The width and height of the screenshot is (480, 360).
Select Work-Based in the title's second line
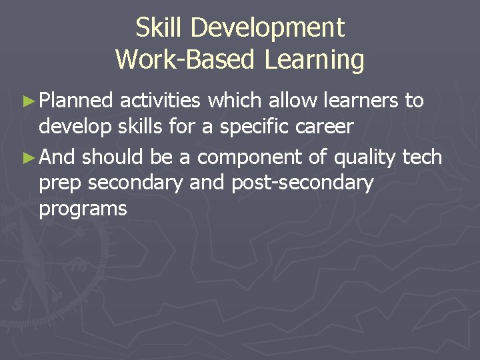coord(187,60)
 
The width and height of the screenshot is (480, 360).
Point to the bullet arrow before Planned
coord(27,101)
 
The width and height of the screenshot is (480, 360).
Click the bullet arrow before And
coord(27,158)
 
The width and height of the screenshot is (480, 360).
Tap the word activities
coord(161,101)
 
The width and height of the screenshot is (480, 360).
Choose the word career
coord(325,127)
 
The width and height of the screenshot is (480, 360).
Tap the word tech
coord(423,157)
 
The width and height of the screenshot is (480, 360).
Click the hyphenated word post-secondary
coord(302,183)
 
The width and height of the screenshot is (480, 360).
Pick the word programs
coord(83,209)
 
